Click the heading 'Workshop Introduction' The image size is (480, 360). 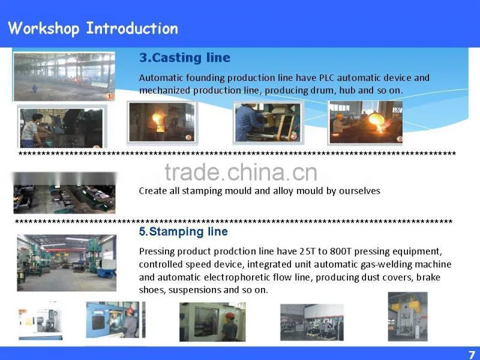pos(93,28)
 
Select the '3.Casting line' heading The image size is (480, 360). pos(185,58)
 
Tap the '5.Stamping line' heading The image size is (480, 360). pos(183,232)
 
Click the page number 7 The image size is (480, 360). pos(472,354)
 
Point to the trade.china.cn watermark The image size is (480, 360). pos(241,172)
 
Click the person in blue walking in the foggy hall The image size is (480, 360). pos(35,89)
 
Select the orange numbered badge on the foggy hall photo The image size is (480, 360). pos(109,97)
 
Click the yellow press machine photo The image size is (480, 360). pos(407,317)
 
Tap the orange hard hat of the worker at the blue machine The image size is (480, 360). pos(130,311)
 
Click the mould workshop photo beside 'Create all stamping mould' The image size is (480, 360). pos(64,193)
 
